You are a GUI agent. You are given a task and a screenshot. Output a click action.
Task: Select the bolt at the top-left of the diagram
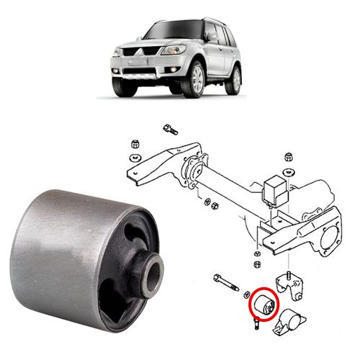point(170,130)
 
